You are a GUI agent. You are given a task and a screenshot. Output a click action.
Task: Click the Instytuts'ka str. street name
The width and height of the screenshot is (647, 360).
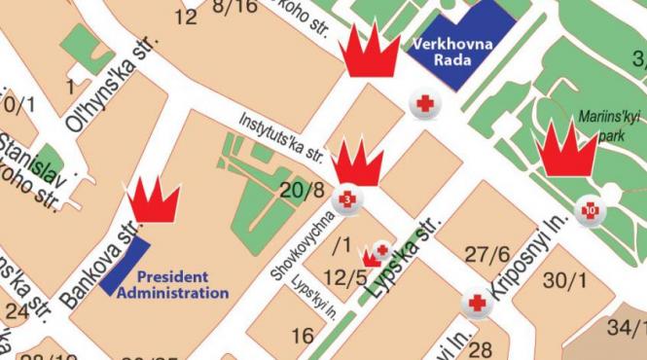click(281, 137)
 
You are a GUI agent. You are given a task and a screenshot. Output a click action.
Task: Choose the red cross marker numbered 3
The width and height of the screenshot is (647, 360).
click(349, 199)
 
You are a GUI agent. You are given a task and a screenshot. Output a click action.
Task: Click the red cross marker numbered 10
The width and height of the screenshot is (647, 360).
click(590, 208)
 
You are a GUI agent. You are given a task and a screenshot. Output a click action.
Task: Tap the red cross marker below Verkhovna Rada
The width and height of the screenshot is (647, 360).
click(425, 103)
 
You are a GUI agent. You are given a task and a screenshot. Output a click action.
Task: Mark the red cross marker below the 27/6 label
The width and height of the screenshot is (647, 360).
click(478, 304)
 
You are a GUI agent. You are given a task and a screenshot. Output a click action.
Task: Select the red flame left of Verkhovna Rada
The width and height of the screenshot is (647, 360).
click(370, 53)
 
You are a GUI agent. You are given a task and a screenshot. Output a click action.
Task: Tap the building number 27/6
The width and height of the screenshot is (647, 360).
click(487, 254)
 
